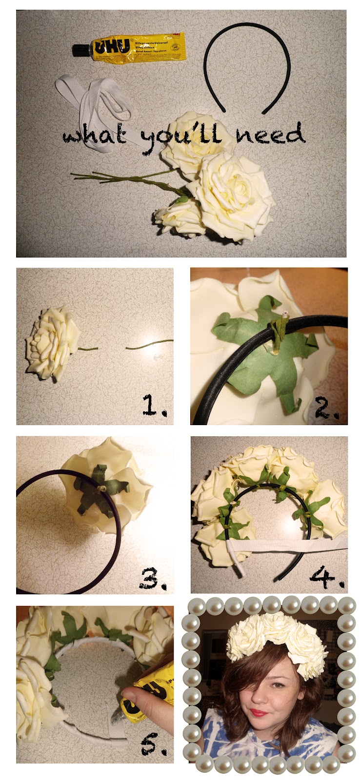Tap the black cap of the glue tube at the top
point(79,49)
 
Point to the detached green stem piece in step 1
point(149,345)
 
